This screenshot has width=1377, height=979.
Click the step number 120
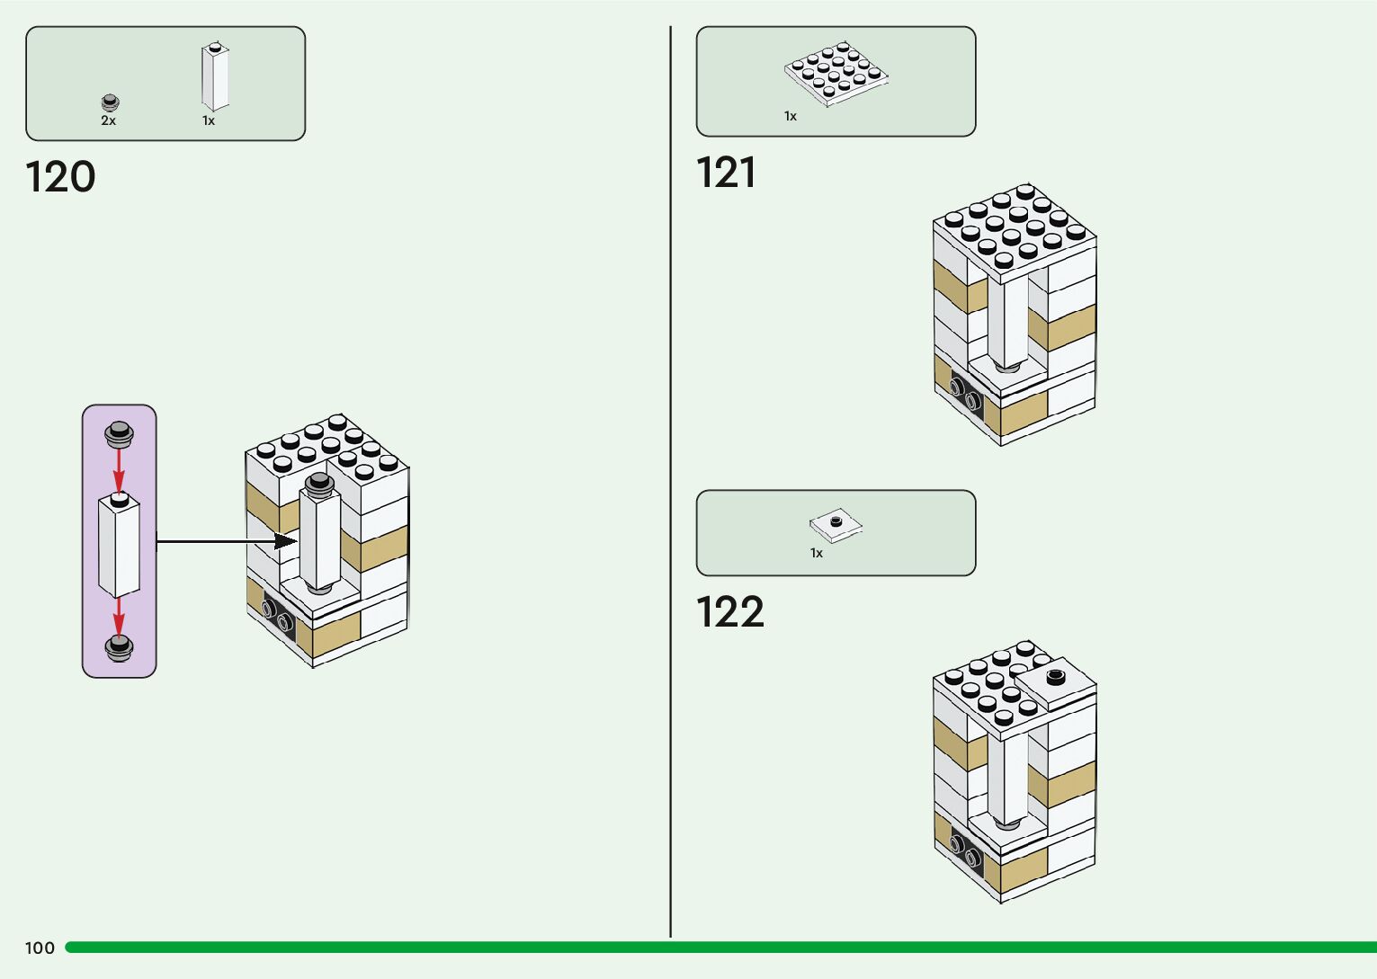(60, 177)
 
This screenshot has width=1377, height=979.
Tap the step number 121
(726, 173)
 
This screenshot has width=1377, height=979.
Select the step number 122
(729, 612)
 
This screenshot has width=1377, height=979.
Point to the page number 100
(40, 948)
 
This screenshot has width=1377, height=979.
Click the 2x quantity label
(108, 120)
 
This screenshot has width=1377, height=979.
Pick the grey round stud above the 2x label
(110, 102)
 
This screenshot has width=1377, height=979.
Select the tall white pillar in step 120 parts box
(215, 76)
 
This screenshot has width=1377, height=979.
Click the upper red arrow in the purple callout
(119, 468)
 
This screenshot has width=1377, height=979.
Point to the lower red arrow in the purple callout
(119, 617)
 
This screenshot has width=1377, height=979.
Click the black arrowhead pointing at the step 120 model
(286, 541)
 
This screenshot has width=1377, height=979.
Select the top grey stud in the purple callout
(119, 434)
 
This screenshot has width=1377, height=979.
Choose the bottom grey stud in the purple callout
(119, 647)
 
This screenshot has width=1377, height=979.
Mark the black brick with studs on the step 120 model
(279, 616)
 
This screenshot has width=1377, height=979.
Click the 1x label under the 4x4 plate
(791, 116)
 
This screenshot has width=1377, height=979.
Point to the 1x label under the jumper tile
(817, 553)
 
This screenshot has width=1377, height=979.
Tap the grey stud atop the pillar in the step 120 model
(318, 485)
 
